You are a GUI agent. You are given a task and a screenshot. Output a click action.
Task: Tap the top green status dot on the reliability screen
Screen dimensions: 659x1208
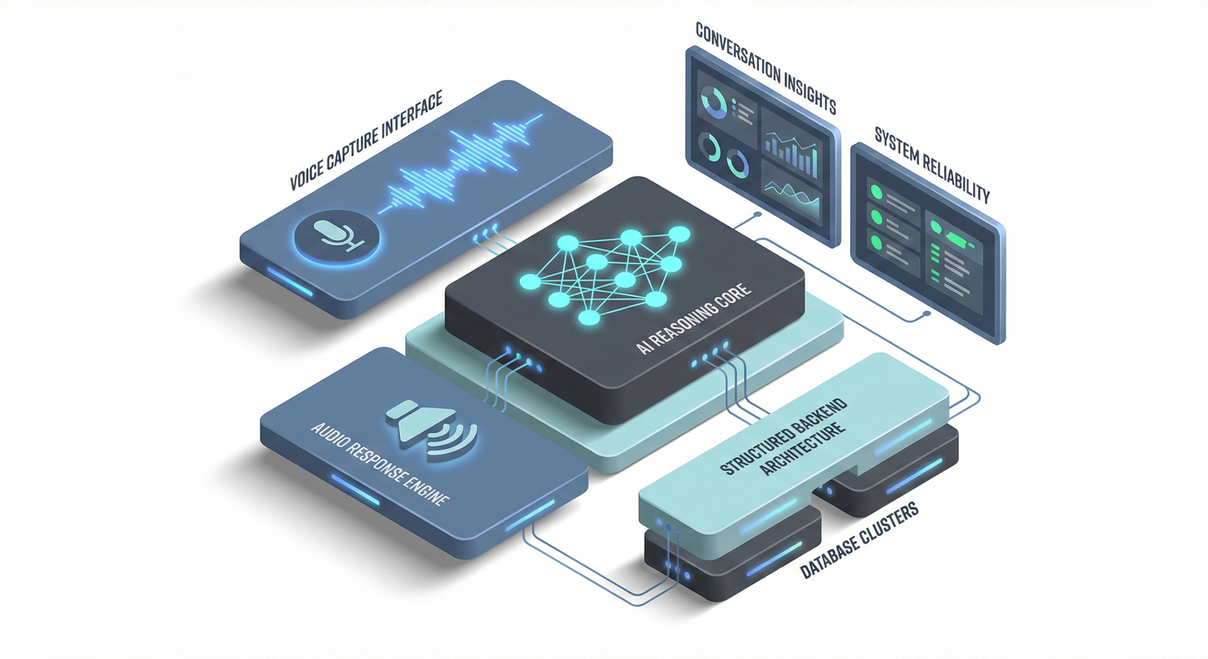pos(876,192)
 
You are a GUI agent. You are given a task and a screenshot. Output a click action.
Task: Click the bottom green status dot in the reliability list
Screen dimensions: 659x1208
pos(876,242)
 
